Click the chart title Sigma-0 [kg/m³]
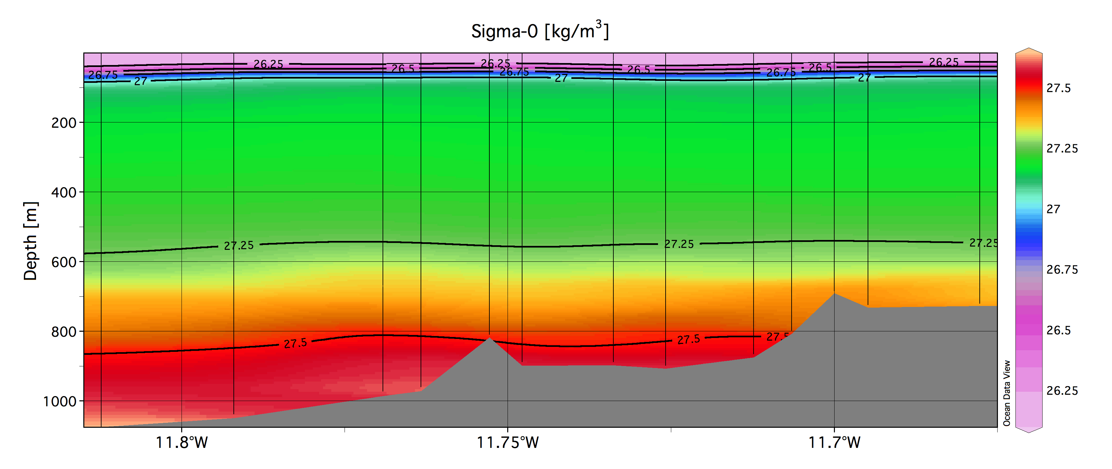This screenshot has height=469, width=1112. [x=540, y=31]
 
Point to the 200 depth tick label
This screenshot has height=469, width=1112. [x=64, y=123]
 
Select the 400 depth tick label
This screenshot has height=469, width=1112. [x=64, y=192]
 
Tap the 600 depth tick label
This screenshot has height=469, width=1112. [x=64, y=262]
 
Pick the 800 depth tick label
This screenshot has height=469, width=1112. [x=64, y=332]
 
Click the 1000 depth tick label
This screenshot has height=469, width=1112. [x=60, y=402]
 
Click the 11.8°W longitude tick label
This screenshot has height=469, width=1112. [x=182, y=443]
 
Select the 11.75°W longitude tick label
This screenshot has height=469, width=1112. [x=508, y=443]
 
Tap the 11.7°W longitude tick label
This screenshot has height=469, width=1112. [x=834, y=443]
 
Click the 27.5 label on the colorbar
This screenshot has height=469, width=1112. [x=1058, y=88]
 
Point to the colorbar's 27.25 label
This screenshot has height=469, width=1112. [x=1062, y=149]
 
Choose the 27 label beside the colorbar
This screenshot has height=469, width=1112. [x=1053, y=210]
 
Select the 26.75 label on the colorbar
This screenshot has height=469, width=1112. [x=1062, y=270]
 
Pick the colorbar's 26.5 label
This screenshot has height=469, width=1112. [x=1058, y=331]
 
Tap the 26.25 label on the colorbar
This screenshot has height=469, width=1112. [x=1062, y=391]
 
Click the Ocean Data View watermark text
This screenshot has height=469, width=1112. [x=1007, y=393]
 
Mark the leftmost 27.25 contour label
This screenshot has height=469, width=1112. [x=239, y=246]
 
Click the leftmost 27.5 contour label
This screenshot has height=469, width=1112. [x=296, y=343]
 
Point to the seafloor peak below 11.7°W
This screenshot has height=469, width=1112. [x=834, y=295]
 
